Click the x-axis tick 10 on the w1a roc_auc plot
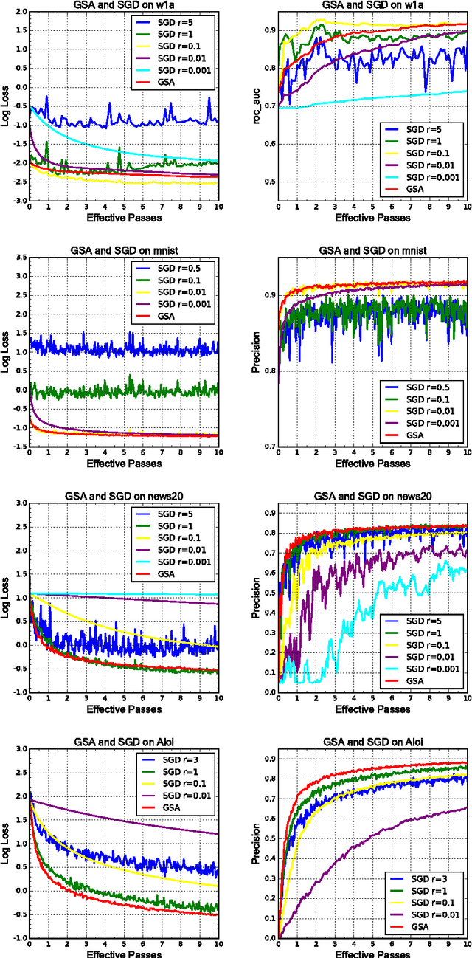pyautogui.click(x=465, y=207)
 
